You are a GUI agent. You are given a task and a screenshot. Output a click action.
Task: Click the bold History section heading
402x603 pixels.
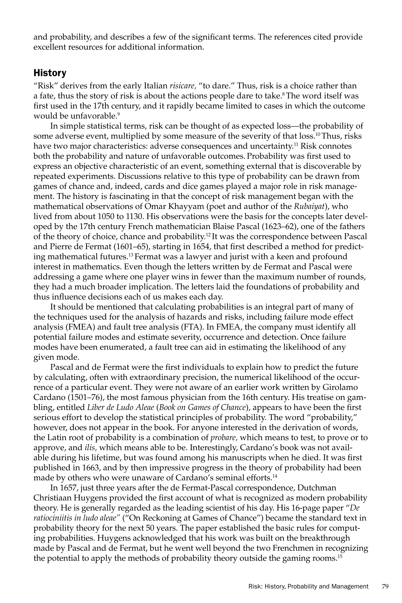tap(50, 73)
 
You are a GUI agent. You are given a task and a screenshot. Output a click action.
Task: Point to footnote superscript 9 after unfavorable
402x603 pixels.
tap(118, 114)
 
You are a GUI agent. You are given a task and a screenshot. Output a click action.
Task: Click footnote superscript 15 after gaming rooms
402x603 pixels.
tap(340, 556)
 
